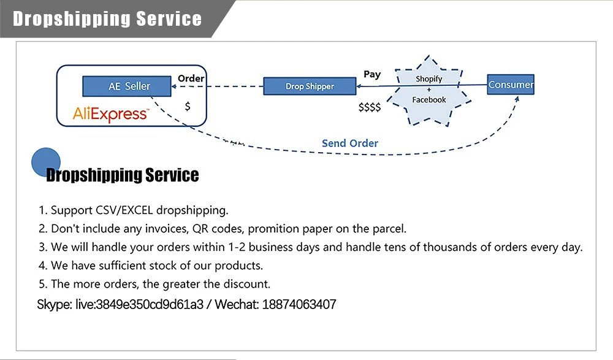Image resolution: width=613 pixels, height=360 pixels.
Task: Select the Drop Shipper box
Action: click(x=310, y=86)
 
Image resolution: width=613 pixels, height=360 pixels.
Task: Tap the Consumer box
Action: click(x=511, y=85)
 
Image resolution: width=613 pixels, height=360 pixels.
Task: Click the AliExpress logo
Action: click(x=110, y=114)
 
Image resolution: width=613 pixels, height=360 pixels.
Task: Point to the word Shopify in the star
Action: click(x=428, y=79)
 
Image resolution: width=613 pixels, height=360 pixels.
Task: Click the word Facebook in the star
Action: click(x=428, y=100)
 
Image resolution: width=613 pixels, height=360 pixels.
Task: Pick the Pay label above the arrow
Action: click(x=372, y=74)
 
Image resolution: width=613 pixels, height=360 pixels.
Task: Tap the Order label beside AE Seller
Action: click(x=191, y=79)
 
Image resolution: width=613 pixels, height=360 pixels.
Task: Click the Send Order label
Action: click(x=350, y=143)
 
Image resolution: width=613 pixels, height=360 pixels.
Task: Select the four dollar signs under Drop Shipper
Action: click(x=370, y=107)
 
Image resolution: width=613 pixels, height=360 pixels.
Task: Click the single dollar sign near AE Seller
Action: click(x=188, y=106)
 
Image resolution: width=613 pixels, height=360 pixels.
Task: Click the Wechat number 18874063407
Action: click(x=299, y=305)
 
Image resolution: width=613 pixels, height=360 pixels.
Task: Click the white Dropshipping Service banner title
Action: click(x=107, y=18)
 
